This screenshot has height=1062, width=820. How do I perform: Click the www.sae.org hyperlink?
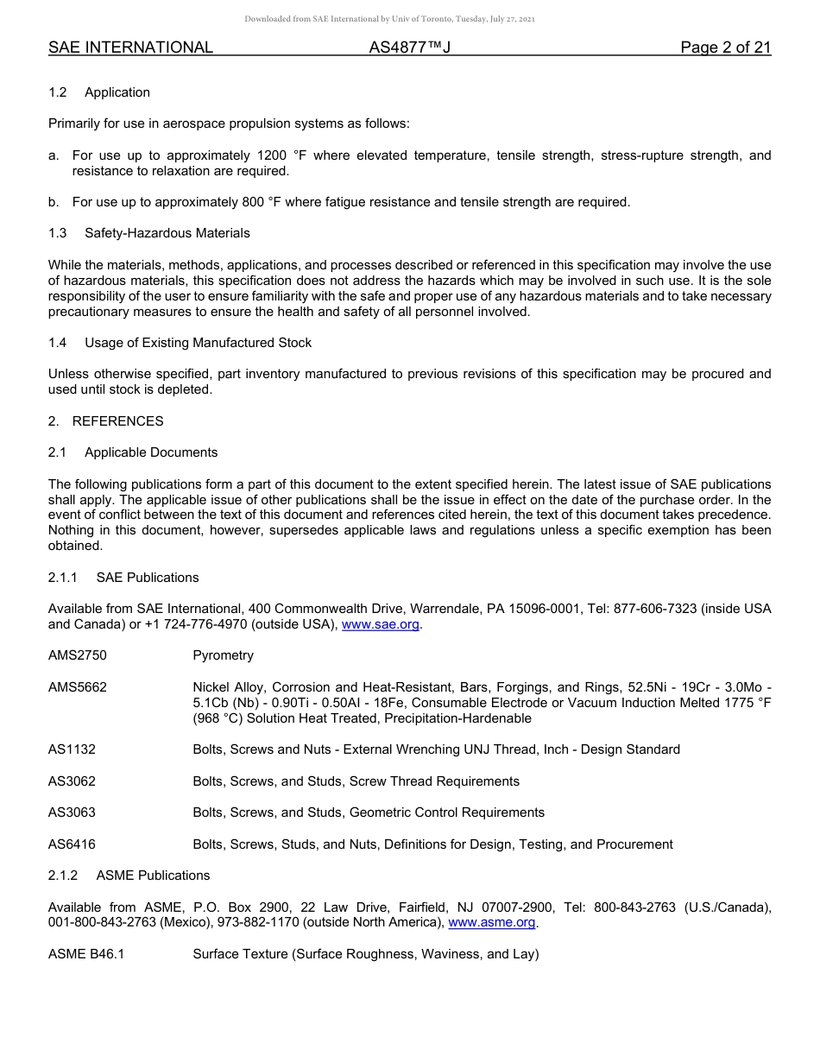tap(381, 624)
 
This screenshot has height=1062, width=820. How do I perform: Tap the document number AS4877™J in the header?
tap(410, 47)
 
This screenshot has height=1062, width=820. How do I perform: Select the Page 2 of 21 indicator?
tap(725, 47)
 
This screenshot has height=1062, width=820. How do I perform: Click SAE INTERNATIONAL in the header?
tap(130, 47)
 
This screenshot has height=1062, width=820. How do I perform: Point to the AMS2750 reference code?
tap(78, 655)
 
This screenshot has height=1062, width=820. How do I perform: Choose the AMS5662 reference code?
tap(78, 687)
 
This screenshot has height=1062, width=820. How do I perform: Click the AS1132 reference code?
tap(73, 749)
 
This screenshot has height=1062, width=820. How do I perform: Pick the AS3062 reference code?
tap(73, 781)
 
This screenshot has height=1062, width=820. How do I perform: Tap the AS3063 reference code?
tap(73, 812)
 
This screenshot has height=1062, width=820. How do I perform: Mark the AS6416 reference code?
tap(73, 844)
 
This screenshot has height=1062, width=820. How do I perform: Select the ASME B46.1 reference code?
tap(86, 954)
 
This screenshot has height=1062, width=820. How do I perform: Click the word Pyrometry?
tap(223, 655)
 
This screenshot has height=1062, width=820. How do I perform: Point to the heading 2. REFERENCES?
tap(105, 421)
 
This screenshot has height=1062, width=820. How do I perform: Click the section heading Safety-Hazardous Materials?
tap(167, 233)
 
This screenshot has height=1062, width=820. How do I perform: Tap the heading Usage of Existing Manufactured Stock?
tap(198, 343)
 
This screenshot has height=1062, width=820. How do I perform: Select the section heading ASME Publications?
tap(153, 876)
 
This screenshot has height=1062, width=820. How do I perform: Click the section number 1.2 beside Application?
tap(58, 92)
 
